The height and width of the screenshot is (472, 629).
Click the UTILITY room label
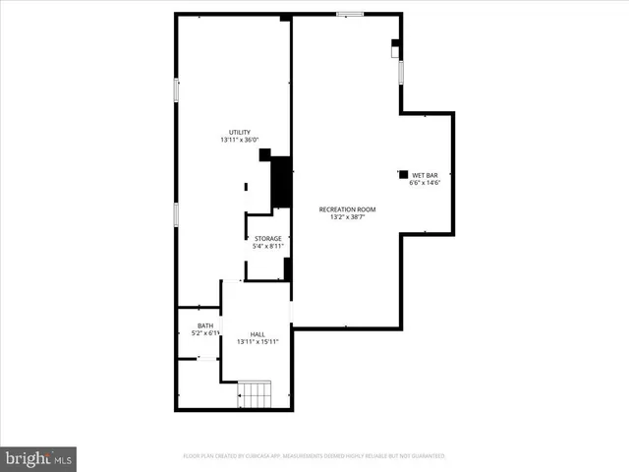[x=240, y=132]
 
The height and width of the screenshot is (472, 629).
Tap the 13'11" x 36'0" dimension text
[x=240, y=141]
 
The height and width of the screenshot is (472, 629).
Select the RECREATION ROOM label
[x=347, y=208]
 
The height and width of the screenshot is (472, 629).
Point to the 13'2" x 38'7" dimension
[x=347, y=217]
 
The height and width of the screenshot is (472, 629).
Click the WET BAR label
[x=425, y=174]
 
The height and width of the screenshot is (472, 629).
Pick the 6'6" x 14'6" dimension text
[x=425, y=182]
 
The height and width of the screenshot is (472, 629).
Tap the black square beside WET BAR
[x=403, y=174]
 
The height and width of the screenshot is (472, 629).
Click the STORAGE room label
[x=268, y=238]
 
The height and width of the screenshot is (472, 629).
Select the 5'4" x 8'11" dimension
[x=268, y=246]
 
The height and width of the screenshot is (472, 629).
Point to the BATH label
[x=205, y=325]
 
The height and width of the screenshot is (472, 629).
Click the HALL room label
[x=257, y=333]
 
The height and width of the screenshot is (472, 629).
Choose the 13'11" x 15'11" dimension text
[x=257, y=342]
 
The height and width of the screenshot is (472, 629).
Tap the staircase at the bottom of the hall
[x=257, y=395]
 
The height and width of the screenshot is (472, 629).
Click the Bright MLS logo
[x=38, y=458]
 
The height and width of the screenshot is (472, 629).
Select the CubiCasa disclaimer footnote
[x=314, y=456]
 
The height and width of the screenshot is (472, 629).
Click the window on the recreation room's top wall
[x=349, y=14]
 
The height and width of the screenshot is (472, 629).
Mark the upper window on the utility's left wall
[x=176, y=89]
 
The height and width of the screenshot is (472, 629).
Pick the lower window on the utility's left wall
[x=176, y=214]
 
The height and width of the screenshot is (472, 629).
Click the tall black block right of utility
[x=281, y=182]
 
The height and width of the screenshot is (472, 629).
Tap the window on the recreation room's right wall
[x=401, y=73]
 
